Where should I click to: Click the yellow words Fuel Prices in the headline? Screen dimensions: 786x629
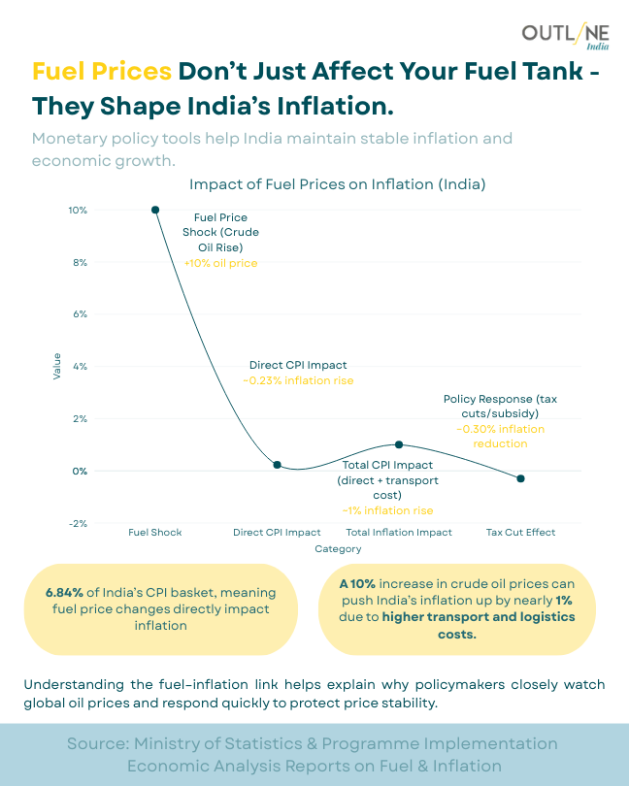pyautogui.click(x=102, y=71)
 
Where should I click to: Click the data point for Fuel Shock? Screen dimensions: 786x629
pyautogui.click(x=155, y=210)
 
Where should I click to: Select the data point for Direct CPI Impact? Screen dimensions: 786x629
pyautogui.click(x=278, y=465)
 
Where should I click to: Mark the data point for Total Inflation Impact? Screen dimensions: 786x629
pyautogui.click(x=399, y=444)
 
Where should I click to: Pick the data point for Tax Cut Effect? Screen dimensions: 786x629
pyautogui.click(x=521, y=478)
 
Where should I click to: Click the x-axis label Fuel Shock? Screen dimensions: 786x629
pyautogui.click(x=155, y=533)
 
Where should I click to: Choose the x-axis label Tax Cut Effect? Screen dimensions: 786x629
pyautogui.click(x=521, y=533)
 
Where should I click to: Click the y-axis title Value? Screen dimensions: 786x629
pyautogui.click(x=57, y=366)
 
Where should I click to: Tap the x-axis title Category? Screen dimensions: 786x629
pyautogui.click(x=338, y=549)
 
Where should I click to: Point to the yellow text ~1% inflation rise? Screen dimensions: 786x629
pyautogui.click(x=387, y=510)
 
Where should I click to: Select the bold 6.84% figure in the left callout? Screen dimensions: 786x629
pyautogui.click(x=65, y=592)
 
